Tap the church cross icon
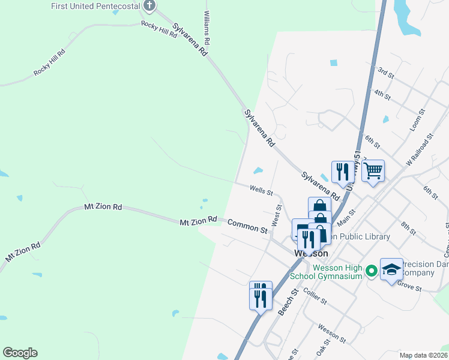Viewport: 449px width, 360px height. click(150, 7)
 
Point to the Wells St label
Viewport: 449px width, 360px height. click(261, 191)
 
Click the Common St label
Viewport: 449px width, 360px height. click(247, 226)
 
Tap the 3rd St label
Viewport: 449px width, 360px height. click(385, 73)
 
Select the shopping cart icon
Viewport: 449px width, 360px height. click(373, 171)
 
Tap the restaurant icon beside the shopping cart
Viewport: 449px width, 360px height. click(342, 172)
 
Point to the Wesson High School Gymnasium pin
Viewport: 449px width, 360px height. click(372, 272)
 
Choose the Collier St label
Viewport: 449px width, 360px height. click(315, 295)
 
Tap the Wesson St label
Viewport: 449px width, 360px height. click(331, 334)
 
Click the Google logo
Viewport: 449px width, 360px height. click(20, 353)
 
